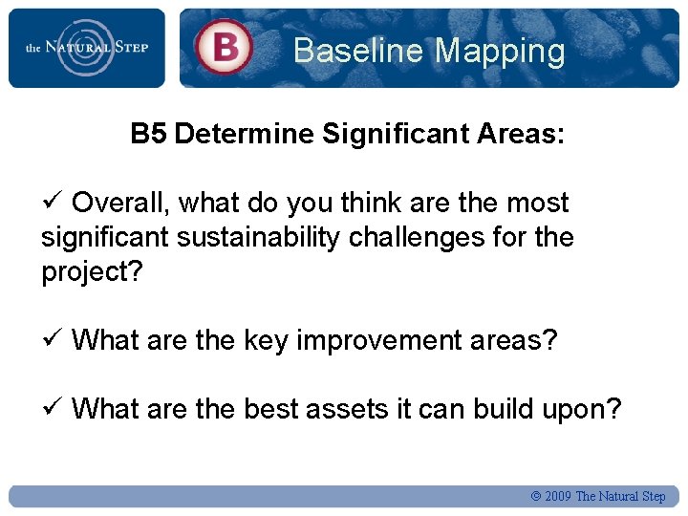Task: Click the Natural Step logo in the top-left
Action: tap(86, 48)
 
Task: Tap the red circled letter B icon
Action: tap(224, 47)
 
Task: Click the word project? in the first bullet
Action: tap(92, 271)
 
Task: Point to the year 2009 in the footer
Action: tap(558, 496)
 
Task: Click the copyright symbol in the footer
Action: tap(535, 496)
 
